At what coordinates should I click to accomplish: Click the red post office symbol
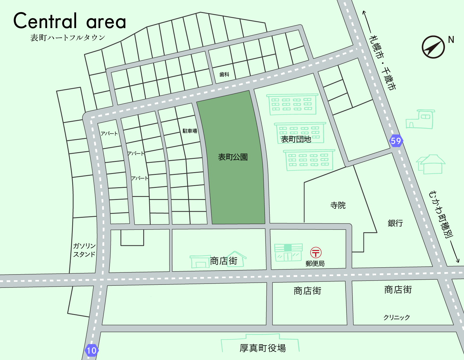click(316, 252)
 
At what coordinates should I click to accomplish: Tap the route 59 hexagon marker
click(396, 141)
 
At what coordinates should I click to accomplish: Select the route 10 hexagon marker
click(92, 350)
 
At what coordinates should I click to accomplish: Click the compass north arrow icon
click(433, 47)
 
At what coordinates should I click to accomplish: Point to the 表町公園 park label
click(233, 157)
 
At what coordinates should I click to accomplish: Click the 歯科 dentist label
click(224, 74)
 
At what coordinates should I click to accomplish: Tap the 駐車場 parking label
click(190, 131)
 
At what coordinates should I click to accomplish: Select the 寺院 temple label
click(338, 205)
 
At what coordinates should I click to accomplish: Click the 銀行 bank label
click(395, 223)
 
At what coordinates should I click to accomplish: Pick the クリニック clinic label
click(397, 317)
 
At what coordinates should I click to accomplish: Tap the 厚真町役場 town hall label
click(263, 348)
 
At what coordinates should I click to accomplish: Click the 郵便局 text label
click(315, 264)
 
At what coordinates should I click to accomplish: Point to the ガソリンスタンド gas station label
click(84, 250)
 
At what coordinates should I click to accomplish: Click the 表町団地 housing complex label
click(296, 139)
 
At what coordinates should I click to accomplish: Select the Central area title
click(69, 21)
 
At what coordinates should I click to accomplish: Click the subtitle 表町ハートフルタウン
click(68, 37)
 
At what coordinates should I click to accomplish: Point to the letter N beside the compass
click(451, 40)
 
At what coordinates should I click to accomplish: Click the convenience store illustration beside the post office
click(288, 252)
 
